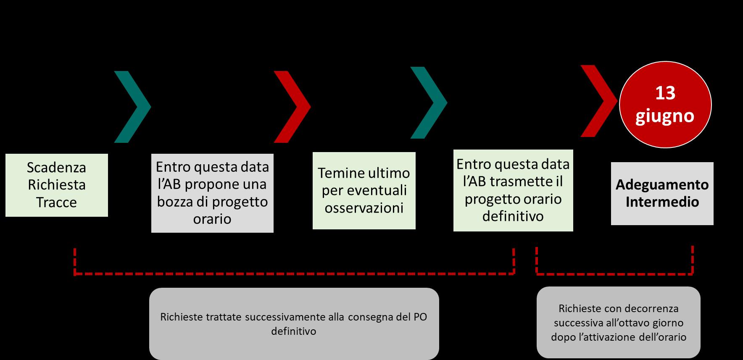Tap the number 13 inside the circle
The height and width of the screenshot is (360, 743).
coord(665,93)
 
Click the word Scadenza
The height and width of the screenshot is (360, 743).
coord(56,168)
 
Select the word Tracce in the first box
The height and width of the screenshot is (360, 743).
coord(56,202)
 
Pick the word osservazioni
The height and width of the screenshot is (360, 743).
coord(364,208)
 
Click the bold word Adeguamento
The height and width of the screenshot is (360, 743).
coord(662,185)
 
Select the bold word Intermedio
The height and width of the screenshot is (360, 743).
coord(662,202)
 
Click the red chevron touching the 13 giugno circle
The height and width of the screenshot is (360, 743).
coord(599,101)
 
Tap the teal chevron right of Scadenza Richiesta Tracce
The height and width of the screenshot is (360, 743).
coord(133,107)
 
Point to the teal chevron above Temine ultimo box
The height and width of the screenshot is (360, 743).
coord(429,103)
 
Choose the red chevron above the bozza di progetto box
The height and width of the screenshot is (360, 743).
coord(292,107)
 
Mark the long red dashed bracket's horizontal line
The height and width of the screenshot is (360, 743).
coord(294,274)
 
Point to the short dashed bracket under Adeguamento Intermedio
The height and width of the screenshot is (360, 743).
coord(614,274)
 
